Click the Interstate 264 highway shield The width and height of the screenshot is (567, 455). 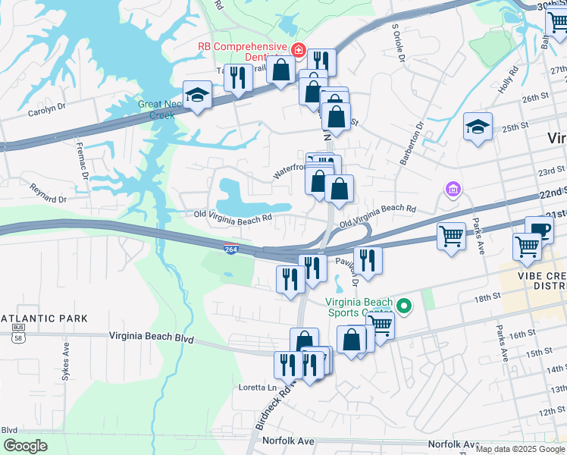click(230, 248)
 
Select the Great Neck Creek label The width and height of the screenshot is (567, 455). click(156, 110)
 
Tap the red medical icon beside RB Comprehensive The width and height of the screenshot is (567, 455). click(298, 51)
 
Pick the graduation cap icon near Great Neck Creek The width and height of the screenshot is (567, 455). click(198, 95)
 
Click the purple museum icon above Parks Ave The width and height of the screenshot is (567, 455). click(453, 188)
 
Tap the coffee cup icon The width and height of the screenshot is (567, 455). click(539, 230)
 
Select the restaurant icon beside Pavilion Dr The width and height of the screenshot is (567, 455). click(368, 259)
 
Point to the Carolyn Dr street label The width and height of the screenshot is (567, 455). click(47, 107)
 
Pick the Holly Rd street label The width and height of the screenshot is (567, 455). click(508, 80)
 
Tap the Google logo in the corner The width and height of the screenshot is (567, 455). click(25, 446)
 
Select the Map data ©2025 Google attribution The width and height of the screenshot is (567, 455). click(520, 449)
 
